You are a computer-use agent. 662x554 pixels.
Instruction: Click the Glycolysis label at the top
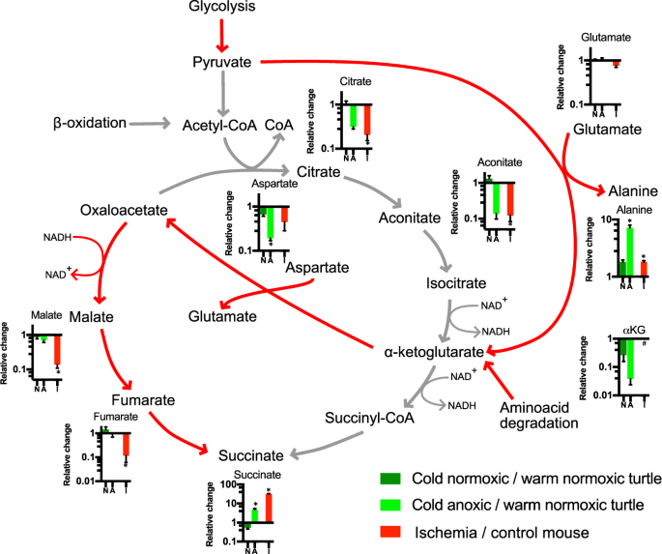(221, 8)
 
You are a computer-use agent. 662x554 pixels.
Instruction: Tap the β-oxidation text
(90, 123)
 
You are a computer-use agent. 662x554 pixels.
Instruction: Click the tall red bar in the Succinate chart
(268, 508)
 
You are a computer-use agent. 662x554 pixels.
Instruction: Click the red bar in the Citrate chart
(367, 122)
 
